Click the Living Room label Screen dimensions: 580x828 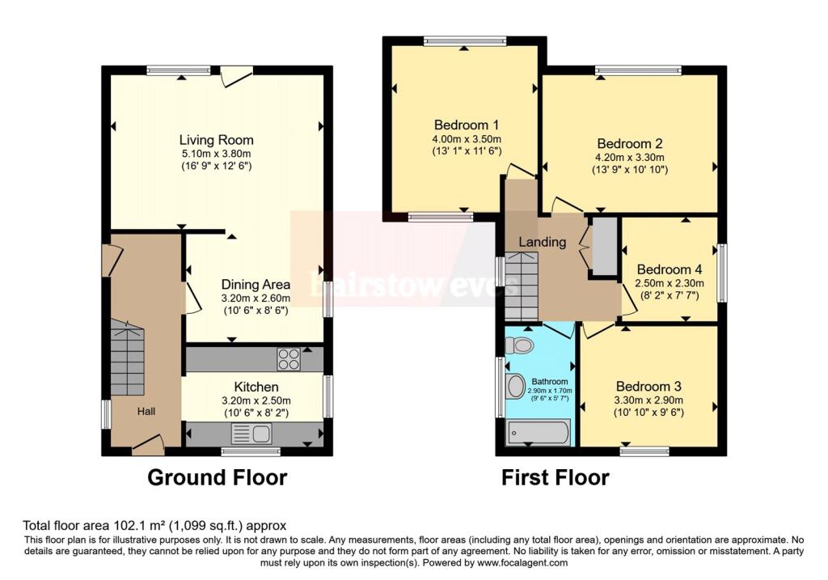coord(216,140)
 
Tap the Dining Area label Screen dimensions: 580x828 coord(256,285)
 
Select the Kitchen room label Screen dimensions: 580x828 coord(256,387)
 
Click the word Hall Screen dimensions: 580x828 coord(146,412)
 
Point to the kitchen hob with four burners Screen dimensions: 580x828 coord(288,358)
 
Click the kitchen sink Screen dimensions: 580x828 coord(251,434)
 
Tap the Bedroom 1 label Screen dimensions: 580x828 coord(466,125)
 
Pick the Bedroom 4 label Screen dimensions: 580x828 coord(670,269)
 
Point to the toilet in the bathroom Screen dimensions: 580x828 coord(519,345)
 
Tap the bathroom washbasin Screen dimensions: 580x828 coord(515,386)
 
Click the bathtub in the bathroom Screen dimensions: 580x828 coord(538,433)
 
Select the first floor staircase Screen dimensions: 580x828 coord(522,285)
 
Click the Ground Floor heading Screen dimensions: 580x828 coord(217,478)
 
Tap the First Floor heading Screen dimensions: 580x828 coord(555,478)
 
